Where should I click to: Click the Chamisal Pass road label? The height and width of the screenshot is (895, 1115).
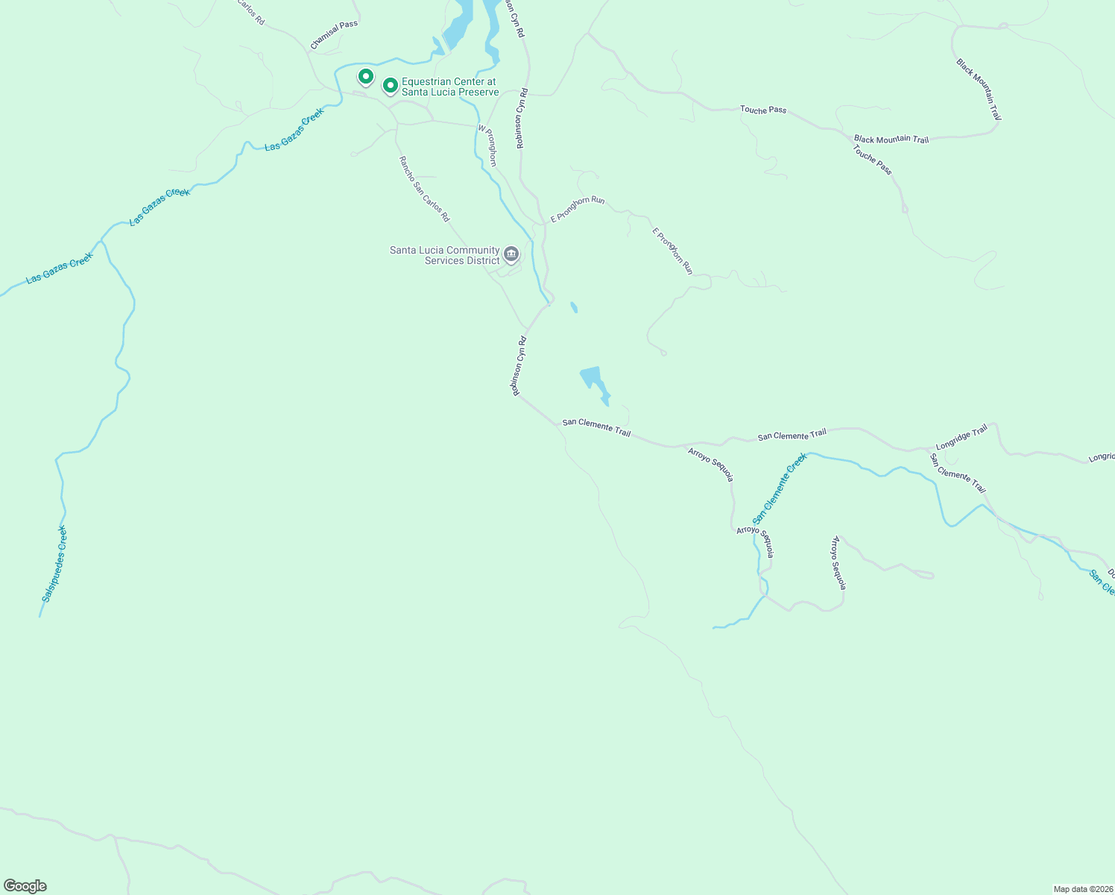point(334,35)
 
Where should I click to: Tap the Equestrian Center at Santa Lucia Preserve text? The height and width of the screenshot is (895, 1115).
point(449,87)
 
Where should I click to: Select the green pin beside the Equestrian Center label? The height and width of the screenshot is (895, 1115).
point(390,86)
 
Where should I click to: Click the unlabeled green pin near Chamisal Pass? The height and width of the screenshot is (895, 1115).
point(365,76)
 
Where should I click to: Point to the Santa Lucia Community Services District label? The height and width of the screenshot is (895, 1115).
point(444,255)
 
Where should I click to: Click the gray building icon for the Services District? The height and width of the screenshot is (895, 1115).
point(511,254)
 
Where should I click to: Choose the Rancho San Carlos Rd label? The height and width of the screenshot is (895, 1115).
point(424,189)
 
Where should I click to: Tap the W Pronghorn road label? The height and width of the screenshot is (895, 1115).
point(487,145)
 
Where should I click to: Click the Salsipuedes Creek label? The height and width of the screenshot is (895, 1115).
point(54,564)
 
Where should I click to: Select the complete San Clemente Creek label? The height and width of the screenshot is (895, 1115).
point(779,489)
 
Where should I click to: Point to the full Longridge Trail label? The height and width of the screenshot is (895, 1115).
point(961,436)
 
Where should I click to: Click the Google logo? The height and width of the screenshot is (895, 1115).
point(25,886)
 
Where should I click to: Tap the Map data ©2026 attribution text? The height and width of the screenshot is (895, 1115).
point(1081,889)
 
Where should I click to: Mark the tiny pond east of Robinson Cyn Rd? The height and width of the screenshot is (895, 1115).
point(573,307)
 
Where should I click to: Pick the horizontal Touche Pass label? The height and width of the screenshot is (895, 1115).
point(762,110)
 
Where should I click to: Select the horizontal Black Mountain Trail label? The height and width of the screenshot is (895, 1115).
point(891,139)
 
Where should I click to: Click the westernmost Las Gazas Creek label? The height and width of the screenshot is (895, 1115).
point(60,268)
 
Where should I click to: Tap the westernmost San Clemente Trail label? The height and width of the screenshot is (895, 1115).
point(596,427)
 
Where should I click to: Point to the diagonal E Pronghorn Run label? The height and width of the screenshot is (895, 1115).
point(672,251)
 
